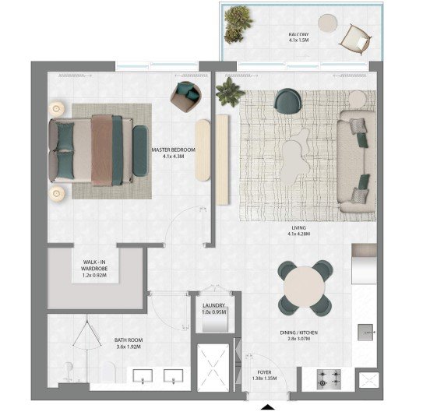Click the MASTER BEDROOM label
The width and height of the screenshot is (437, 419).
tap(174, 150)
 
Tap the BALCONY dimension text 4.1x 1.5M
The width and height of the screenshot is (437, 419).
tap(299, 40)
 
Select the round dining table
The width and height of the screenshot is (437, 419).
tap(305, 287)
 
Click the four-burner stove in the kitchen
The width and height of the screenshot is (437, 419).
tap(330, 379)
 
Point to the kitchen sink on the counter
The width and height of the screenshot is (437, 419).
tap(365, 333)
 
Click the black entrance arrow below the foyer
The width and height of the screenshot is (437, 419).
tap(268, 407)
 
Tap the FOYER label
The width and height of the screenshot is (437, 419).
tap(265, 372)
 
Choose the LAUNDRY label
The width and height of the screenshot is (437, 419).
tap(213, 305)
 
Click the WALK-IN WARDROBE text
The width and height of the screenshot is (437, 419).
tap(94, 266)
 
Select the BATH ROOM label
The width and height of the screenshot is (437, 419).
tap(129, 340)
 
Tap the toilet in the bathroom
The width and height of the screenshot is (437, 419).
tap(68, 371)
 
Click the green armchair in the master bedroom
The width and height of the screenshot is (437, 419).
tap(185, 97)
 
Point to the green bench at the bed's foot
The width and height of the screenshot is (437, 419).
tap(140, 151)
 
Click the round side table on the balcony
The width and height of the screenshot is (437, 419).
tap(329, 23)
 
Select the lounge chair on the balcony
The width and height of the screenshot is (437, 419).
tap(356, 38)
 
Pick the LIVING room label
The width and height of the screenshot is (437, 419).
tap(299, 227)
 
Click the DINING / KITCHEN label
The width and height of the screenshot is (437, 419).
tap(299, 333)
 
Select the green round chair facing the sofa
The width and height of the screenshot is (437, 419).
tap(287, 100)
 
